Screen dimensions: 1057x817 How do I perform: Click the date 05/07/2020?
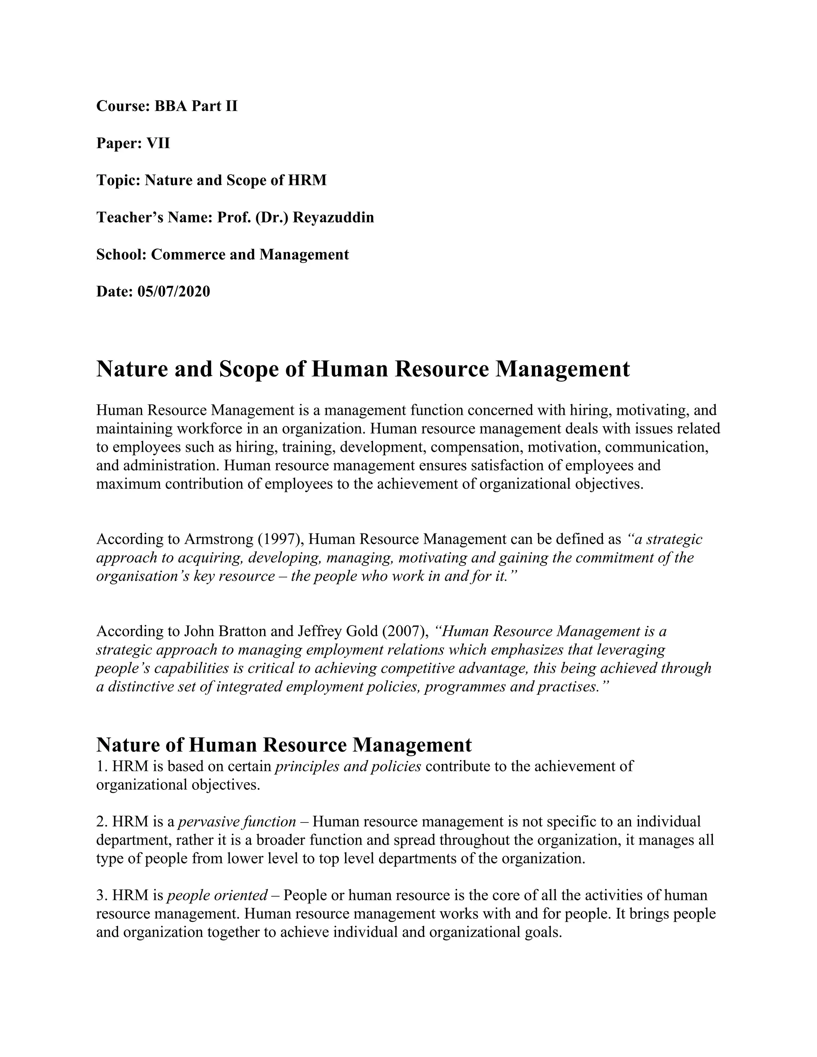[x=174, y=292]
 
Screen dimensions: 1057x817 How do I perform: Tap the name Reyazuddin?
[x=334, y=217]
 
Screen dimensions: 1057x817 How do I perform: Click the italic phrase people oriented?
[x=217, y=895]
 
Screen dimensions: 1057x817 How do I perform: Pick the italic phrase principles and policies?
[x=348, y=766]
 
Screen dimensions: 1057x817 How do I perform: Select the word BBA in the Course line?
[x=170, y=106]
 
